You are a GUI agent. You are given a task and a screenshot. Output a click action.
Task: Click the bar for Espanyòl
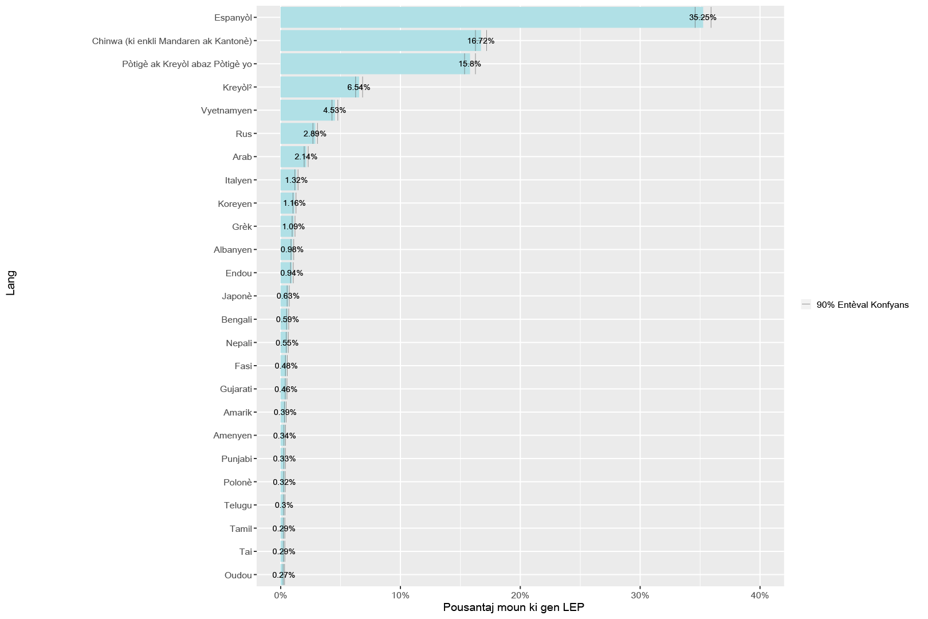click(x=487, y=17)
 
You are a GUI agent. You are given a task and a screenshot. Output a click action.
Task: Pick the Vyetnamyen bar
click(x=304, y=111)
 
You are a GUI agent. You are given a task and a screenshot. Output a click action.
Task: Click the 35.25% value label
click(x=702, y=17)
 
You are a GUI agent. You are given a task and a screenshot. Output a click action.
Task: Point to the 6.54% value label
click(x=359, y=88)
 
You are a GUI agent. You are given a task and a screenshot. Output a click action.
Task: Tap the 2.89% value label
click(x=314, y=134)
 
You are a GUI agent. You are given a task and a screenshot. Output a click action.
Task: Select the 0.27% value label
click(x=284, y=575)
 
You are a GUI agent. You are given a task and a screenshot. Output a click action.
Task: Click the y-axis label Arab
click(x=242, y=157)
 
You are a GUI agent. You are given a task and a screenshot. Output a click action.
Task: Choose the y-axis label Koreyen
click(x=234, y=203)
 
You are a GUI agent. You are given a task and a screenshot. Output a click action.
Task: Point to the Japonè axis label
click(x=237, y=296)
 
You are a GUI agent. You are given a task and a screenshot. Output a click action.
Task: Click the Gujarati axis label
click(x=235, y=389)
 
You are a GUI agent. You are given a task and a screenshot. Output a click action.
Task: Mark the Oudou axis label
click(x=238, y=575)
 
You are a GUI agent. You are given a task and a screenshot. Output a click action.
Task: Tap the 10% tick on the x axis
click(x=400, y=596)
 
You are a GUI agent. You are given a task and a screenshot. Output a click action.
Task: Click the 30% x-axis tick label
click(x=640, y=596)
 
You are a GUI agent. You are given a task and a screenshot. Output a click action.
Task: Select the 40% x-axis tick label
click(x=760, y=596)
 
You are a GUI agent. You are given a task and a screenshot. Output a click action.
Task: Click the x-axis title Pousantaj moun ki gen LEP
click(x=513, y=608)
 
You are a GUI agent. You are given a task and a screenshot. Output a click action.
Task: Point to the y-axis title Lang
click(x=11, y=283)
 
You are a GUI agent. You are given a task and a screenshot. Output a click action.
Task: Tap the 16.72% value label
click(x=481, y=41)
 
